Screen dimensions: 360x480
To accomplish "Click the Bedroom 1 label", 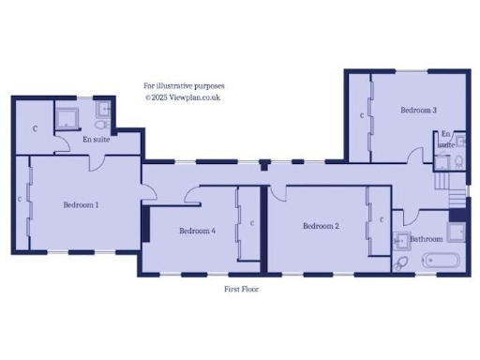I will [x=82, y=204].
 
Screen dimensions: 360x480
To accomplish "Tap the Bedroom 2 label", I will [x=321, y=226].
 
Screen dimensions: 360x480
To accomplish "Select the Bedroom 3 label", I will [x=418, y=111].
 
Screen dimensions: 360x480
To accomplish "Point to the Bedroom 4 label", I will [x=197, y=231].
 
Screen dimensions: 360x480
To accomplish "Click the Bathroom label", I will [x=427, y=240].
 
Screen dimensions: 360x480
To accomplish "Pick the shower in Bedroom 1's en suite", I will [x=68, y=116].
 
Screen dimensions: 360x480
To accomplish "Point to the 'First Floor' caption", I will [x=241, y=290].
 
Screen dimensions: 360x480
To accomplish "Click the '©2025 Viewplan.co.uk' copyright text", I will [x=182, y=97].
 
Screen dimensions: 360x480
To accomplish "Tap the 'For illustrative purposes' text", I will [x=184, y=85].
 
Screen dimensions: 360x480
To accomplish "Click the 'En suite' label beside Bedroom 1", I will [x=96, y=140].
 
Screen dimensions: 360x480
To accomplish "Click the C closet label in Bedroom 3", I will [x=362, y=115].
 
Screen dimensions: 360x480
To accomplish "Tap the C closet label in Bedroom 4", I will [x=252, y=223].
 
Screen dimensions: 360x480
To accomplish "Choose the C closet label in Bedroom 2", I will [x=381, y=219].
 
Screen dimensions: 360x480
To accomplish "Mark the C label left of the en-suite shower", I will [x=35, y=127].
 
